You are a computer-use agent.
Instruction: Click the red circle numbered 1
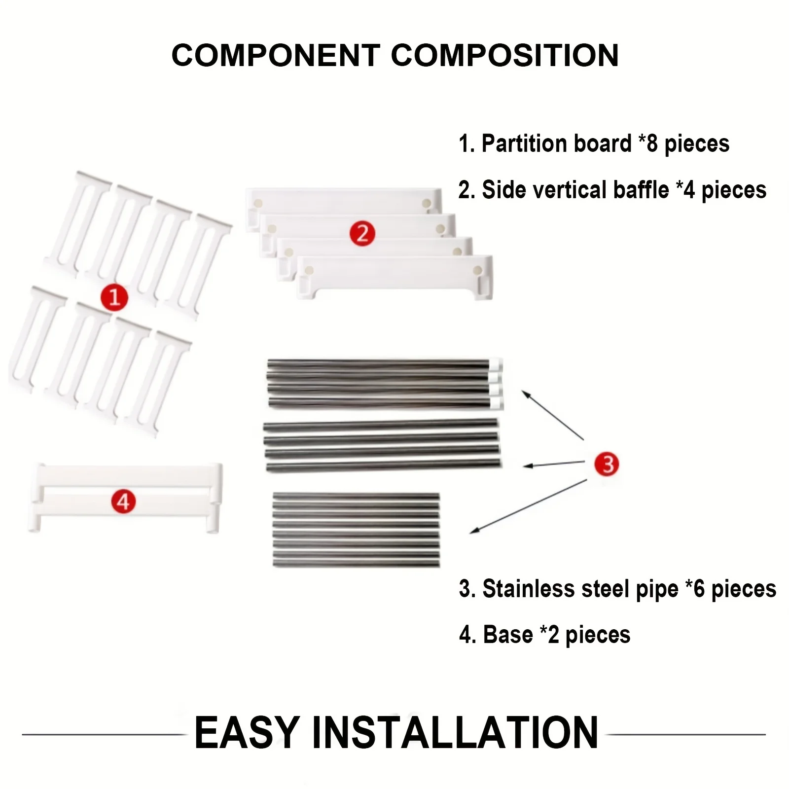tap(114, 297)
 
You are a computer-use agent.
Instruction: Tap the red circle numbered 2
tap(362, 233)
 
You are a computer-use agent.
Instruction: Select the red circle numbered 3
tap(607, 464)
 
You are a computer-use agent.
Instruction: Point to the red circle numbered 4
tap(123, 502)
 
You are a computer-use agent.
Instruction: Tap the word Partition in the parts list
tap(556, 143)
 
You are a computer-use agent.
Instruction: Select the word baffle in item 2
tap(641, 190)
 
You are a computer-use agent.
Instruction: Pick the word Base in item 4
tap(507, 635)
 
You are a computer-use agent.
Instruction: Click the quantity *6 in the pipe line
tap(695, 589)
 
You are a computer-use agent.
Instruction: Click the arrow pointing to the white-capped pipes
tap(553, 415)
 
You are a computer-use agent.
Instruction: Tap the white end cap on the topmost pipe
tap(496, 364)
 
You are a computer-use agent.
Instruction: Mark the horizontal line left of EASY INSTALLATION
tap(105, 734)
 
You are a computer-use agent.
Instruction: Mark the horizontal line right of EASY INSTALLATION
tap(686, 734)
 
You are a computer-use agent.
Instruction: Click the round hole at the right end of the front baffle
tap(477, 270)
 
